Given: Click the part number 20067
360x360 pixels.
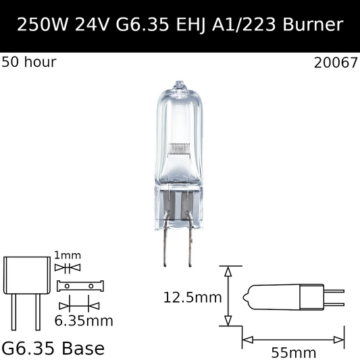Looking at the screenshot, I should tap(336, 63).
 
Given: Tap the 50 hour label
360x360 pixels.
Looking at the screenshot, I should tap(29, 63).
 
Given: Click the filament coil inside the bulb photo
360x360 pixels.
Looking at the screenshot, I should tap(179, 147).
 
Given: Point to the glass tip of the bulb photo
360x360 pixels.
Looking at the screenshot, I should tap(179, 86).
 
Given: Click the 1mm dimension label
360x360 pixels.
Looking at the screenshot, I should tap(67, 255).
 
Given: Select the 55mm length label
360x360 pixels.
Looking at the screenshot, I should tap(293, 351).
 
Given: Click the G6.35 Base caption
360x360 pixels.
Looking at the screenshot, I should tap(53, 349).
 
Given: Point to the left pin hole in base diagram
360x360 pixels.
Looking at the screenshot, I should tap(67, 286).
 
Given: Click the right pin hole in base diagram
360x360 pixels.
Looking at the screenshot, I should tap(91, 286).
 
